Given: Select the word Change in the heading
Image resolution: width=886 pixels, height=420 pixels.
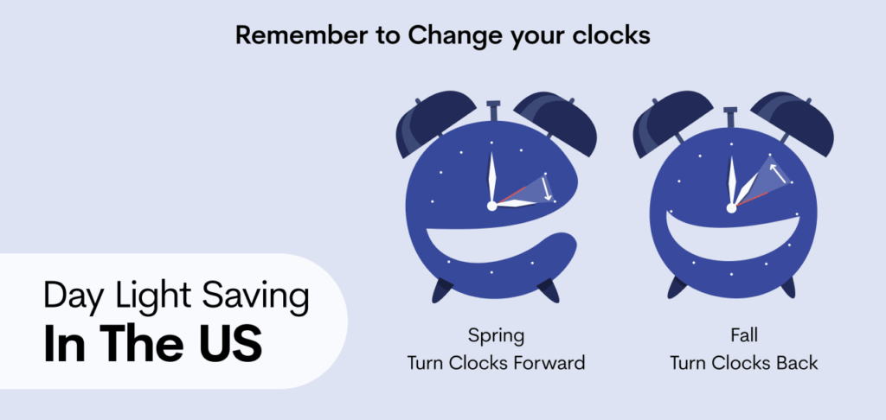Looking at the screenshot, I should click(455, 36).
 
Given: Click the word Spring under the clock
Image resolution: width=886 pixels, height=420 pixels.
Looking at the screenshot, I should click(496, 334).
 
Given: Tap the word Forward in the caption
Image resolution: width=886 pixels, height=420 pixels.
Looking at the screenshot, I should click(544, 362).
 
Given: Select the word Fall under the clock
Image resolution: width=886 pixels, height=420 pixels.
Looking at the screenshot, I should click(743, 334).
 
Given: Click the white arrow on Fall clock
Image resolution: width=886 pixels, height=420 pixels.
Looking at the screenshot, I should click(780, 174).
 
